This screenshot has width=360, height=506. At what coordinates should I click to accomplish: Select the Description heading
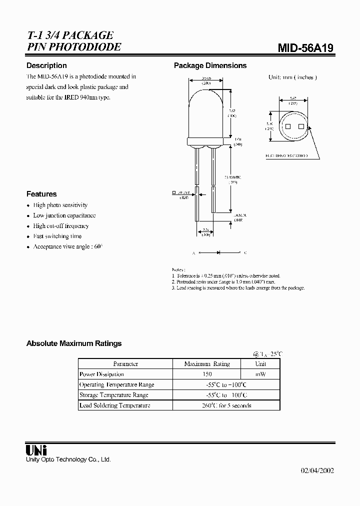(46, 65)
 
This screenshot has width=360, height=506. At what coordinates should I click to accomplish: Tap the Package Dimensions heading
(210, 65)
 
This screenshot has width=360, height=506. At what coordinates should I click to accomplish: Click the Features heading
(41, 194)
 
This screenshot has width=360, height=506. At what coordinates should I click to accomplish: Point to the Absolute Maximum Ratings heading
(73, 343)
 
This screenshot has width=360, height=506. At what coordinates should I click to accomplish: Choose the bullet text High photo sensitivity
(60, 205)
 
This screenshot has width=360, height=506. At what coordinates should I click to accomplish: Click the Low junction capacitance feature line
(64, 215)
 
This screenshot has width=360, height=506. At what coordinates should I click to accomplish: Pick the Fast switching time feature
(57, 236)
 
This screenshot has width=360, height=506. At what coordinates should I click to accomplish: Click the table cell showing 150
(206, 374)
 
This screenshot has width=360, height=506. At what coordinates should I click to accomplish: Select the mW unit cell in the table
(260, 374)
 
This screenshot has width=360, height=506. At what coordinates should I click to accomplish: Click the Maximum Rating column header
(206, 364)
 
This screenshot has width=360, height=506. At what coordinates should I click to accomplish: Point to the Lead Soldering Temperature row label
(114, 405)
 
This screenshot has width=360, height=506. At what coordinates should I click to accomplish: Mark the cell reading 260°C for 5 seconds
(225, 405)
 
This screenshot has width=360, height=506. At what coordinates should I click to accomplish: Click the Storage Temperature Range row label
(113, 395)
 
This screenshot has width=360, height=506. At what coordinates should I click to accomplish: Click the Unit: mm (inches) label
(292, 77)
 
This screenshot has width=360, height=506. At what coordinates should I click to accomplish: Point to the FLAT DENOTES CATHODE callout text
(286, 156)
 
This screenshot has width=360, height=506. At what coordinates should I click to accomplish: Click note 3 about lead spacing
(238, 288)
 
